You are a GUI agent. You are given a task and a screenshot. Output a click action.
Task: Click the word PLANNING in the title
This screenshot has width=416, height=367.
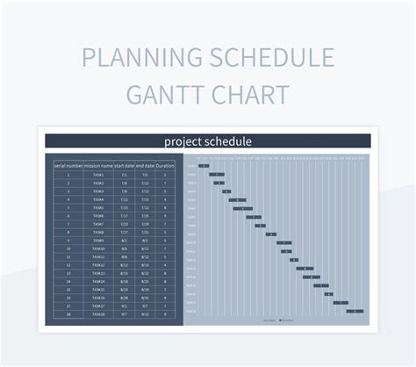pyautogui.click(x=139, y=58)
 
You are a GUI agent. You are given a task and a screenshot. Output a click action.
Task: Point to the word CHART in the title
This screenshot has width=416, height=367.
pyautogui.click(x=255, y=93)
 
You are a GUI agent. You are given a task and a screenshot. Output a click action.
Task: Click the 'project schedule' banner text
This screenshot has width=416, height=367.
pyautogui.click(x=208, y=141)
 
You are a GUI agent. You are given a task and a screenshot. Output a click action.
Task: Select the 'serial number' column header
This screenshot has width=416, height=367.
pyautogui.click(x=68, y=165)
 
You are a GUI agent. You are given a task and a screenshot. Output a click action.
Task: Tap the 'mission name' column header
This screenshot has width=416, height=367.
pyautogui.click(x=98, y=165)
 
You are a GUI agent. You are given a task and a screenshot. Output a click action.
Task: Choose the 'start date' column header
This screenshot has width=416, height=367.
pyautogui.click(x=124, y=165)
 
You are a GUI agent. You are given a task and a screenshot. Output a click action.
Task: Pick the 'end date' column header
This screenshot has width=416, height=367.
pyautogui.click(x=145, y=165)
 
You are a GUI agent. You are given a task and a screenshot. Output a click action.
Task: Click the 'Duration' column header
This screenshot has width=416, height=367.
pyautogui.click(x=165, y=165)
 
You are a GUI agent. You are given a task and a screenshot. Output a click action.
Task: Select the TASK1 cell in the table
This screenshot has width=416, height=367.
pyautogui.click(x=98, y=175)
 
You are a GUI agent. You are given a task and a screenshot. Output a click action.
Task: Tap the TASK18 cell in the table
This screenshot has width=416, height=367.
pyautogui.click(x=98, y=313)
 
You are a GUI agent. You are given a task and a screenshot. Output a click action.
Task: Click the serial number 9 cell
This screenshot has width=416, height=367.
pyautogui.click(x=68, y=240)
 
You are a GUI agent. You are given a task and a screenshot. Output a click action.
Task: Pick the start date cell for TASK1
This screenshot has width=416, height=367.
pyautogui.click(x=124, y=175)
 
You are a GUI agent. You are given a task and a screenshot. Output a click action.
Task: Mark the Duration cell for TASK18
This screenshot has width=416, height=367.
pyautogui.click(x=165, y=313)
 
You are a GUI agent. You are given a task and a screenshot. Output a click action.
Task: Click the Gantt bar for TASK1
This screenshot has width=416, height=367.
pyautogui.click(x=204, y=166)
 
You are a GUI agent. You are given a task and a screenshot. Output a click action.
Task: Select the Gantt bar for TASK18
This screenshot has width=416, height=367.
pyautogui.click(x=355, y=311)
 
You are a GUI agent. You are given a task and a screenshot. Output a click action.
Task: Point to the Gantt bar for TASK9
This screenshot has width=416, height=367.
pyautogui.click(x=271, y=234)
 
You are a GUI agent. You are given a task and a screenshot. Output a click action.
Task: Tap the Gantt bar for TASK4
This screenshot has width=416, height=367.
pyautogui.click(x=226, y=191)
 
